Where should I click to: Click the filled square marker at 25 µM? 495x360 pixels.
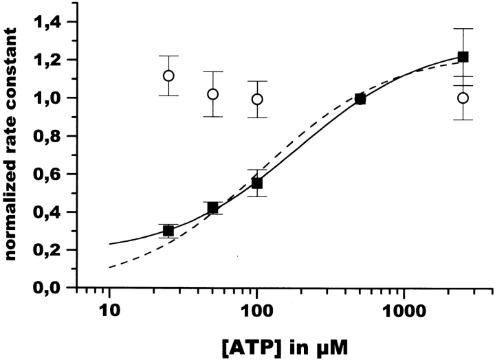point(168,231)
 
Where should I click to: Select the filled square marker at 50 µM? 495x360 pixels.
point(212,207)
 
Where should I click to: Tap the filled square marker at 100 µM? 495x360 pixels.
point(256,183)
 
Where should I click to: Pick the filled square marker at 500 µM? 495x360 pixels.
point(360,99)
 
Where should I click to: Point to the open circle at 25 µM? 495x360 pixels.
point(168,76)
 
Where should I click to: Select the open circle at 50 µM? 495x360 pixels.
point(212,94)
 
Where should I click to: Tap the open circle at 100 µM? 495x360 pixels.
point(256,99)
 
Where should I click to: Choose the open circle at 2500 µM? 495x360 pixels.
point(463,98)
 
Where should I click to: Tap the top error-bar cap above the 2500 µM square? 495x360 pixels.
point(463,29)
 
